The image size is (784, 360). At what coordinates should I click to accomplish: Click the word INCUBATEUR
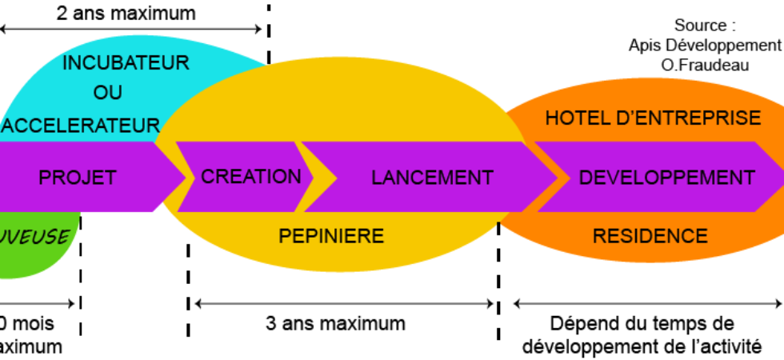126,63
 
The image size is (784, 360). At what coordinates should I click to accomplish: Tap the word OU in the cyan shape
108,93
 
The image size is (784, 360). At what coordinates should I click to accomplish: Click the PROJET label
78,178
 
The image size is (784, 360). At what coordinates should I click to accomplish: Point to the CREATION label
251,177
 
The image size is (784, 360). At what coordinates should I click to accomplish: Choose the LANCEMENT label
432,178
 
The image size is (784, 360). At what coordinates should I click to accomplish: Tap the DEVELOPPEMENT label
666,178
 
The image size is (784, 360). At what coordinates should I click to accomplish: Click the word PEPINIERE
331,236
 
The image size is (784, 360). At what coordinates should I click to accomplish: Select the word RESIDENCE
650,236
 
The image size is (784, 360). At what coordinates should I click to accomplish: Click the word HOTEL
577,118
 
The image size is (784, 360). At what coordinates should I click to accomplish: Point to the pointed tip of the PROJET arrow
185,177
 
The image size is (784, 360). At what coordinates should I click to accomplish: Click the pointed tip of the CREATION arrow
314,177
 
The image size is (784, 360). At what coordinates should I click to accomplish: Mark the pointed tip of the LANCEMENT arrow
558,177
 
